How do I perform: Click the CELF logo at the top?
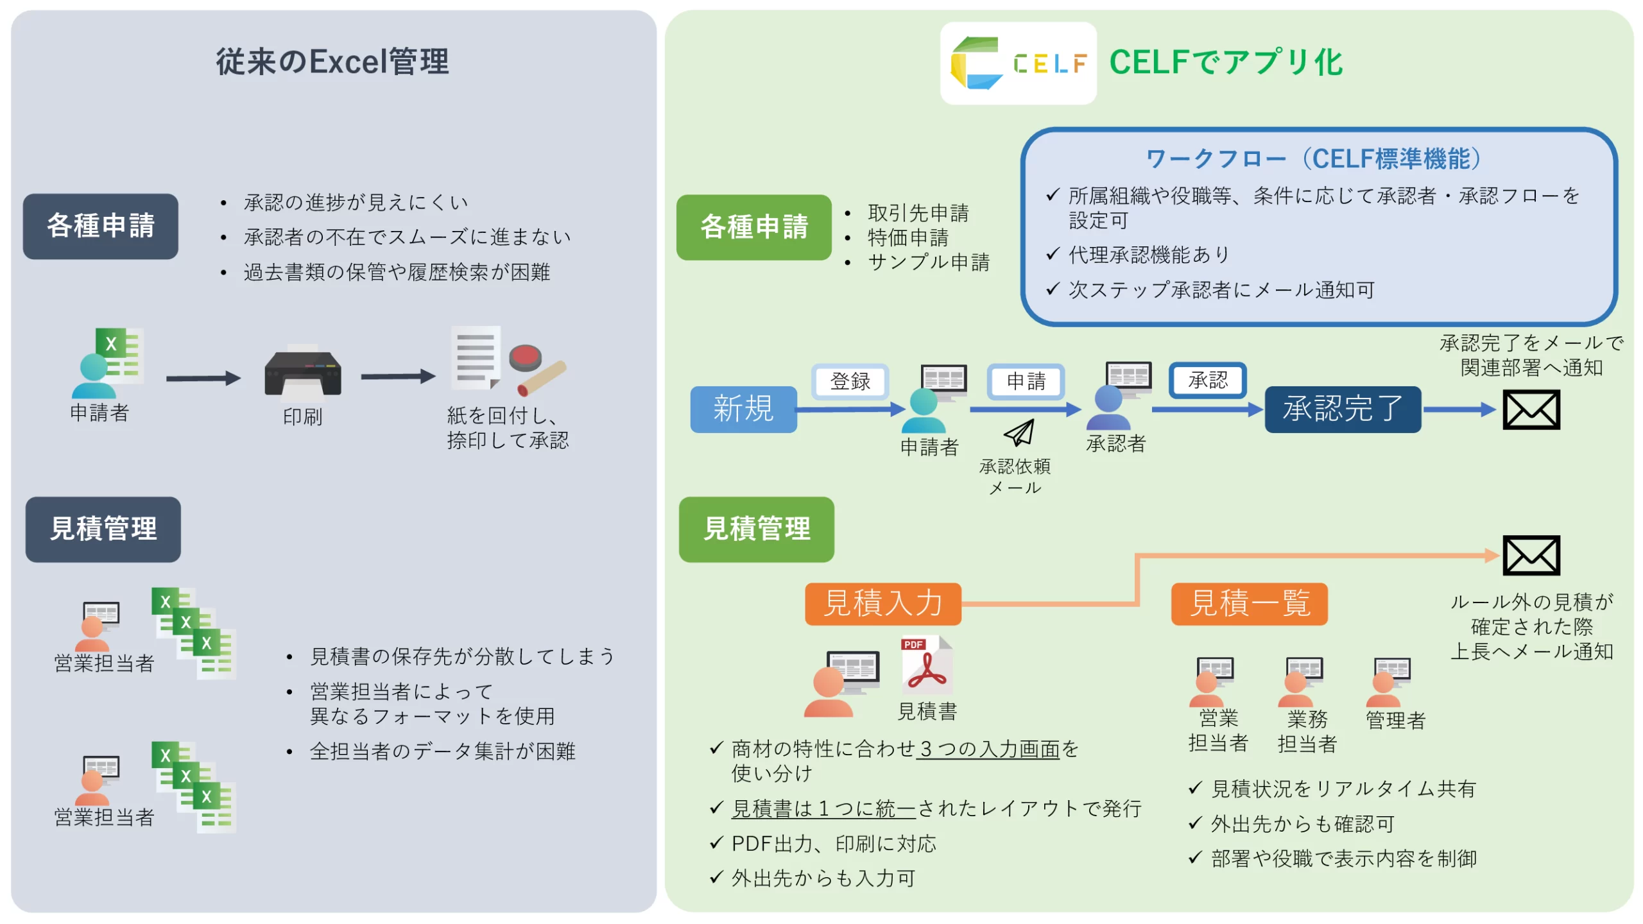pyautogui.click(x=1018, y=63)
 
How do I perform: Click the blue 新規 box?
pyautogui.click(x=743, y=409)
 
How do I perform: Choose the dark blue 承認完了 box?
pyautogui.click(x=1342, y=409)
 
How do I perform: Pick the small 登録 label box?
pyautogui.click(x=850, y=381)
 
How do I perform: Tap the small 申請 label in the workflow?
pyautogui.click(x=1026, y=381)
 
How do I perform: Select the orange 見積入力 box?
pyautogui.click(x=882, y=603)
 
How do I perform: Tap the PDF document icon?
pyautogui.click(x=926, y=665)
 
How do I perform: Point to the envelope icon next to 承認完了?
pyautogui.click(x=1531, y=409)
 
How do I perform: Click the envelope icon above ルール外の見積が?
pyautogui.click(x=1531, y=555)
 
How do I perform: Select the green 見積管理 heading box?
pyautogui.click(x=756, y=529)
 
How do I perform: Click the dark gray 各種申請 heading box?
pyautogui.click(x=101, y=226)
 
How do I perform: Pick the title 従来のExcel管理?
pyautogui.click(x=332, y=62)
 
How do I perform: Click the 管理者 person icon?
pyautogui.click(x=1389, y=681)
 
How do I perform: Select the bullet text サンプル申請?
pyautogui.click(x=928, y=262)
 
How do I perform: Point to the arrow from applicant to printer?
pyautogui.click(x=203, y=378)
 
